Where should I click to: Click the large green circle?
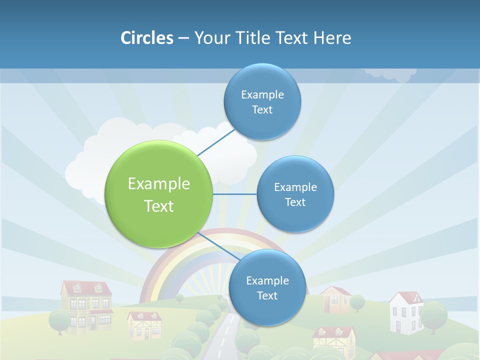tap(159, 194)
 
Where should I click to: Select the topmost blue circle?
tap(262, 101)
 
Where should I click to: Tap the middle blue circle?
tap(295, 194)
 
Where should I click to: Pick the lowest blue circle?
tap(267, 287)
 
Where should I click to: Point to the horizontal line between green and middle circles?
tap(235, 194)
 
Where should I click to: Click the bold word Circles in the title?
tap(147, 38)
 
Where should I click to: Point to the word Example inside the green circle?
tap(159, 183)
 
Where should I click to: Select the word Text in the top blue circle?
tap(262, 109)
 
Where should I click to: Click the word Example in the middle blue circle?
tap(295, 187)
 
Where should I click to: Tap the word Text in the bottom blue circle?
tap(267, 295)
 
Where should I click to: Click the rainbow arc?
tap(165, 255)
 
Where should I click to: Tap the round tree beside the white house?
tap(433, 314)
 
